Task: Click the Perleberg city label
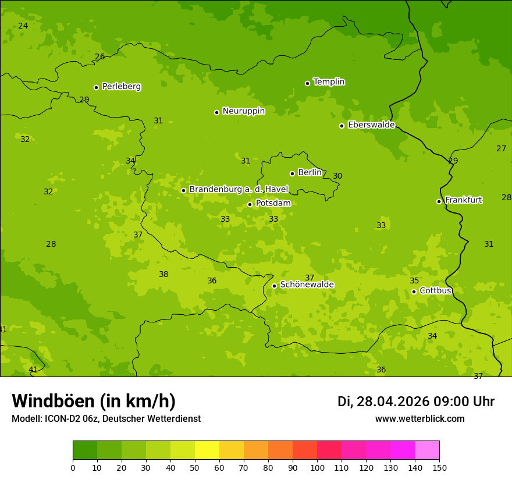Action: (121, 87)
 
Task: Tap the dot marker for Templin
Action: (307, 83)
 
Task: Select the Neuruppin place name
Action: (243, 111)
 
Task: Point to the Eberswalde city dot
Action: (342, 126)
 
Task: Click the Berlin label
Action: (310, 173)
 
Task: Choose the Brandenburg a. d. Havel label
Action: (239, 190)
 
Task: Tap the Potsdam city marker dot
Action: (250, 204)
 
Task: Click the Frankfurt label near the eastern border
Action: (463, 200)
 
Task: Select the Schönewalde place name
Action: (307, 285)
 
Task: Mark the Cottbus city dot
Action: (414, 292)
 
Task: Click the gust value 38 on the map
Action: (163, 275)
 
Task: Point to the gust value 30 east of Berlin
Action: (337, 176)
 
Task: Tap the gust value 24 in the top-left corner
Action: (23, 26)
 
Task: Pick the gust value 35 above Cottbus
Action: (414, 281)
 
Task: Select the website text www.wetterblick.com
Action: (419, 419)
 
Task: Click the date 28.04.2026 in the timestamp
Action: (393, 402)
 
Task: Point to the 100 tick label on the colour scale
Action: (317, 467)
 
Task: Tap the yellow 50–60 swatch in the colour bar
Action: (207, 450)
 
